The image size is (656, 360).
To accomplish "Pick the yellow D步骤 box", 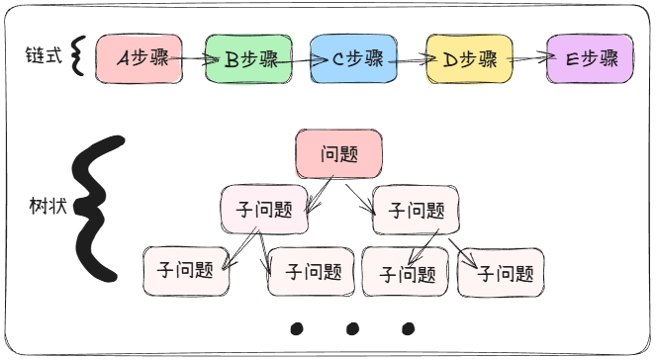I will coord(469,58).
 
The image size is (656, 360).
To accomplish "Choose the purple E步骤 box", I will coord(591,58).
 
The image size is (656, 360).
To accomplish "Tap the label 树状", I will coord(48,209).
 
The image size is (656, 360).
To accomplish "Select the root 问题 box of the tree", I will coord(338,154).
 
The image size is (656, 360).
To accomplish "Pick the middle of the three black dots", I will coord(351,327).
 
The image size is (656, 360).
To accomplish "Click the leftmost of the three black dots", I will coord(296,327).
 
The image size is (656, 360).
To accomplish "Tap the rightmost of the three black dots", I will coord(408,327).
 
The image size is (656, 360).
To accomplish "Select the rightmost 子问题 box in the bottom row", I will coord(506,272).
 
